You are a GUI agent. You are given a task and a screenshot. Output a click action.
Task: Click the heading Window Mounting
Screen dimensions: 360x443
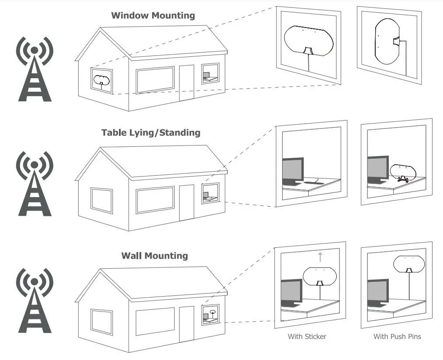(x=153, y=16)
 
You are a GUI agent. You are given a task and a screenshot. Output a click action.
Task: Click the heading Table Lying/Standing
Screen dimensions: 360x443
(x=150, y=132)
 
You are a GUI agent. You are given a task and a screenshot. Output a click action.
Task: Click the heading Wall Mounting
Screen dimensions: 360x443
(x=154, y=256)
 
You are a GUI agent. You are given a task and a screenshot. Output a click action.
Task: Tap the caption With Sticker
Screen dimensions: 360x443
(x=307, y=336)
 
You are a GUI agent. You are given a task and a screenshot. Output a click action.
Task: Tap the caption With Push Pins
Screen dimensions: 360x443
(x=397, y=336)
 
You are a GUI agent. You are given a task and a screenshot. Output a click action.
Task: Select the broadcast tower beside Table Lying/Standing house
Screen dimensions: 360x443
(x=35, y=183)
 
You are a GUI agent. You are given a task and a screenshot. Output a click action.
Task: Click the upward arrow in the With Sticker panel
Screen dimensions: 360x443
(x=320, y=256)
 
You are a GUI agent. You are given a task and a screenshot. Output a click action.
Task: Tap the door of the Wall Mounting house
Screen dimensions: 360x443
(x=187, y=323)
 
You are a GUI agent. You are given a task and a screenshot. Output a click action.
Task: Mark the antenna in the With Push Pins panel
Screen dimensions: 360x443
(x=408, y=263)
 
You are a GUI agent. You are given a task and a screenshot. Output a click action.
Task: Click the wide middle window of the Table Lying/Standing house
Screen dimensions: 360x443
(x=155, y=200)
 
